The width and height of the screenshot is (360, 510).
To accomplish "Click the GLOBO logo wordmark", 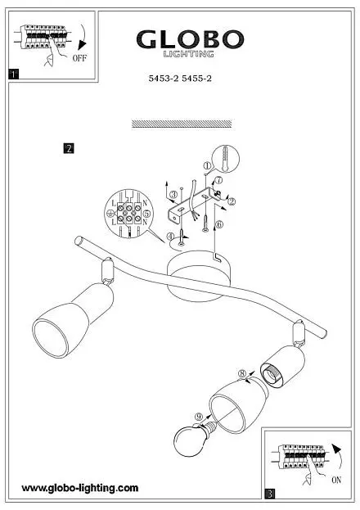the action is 191,39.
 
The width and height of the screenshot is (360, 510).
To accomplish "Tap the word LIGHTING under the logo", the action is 189,54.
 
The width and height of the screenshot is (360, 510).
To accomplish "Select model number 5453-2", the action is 164,79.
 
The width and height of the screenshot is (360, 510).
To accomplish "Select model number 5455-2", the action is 196,79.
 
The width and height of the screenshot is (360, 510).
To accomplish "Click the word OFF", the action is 79,58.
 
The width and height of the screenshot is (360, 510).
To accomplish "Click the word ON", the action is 336,480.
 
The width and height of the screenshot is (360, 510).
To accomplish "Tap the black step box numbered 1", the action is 14,74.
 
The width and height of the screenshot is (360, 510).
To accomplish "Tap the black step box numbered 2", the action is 69,148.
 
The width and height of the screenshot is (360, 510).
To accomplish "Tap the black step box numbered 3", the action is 270,494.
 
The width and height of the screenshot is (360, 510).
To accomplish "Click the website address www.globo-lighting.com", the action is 80,488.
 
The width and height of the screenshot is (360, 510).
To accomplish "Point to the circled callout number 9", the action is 199,417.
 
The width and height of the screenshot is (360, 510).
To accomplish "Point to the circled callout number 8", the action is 242,374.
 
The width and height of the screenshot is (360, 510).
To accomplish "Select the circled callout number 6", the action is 219,224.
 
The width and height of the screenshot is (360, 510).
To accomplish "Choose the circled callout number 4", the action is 171,237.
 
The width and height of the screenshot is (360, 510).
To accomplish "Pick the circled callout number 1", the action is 207,165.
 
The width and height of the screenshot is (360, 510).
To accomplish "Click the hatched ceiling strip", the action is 182,124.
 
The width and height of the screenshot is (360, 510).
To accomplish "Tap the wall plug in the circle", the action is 225,160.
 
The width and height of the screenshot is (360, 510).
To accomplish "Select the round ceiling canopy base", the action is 195,276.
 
